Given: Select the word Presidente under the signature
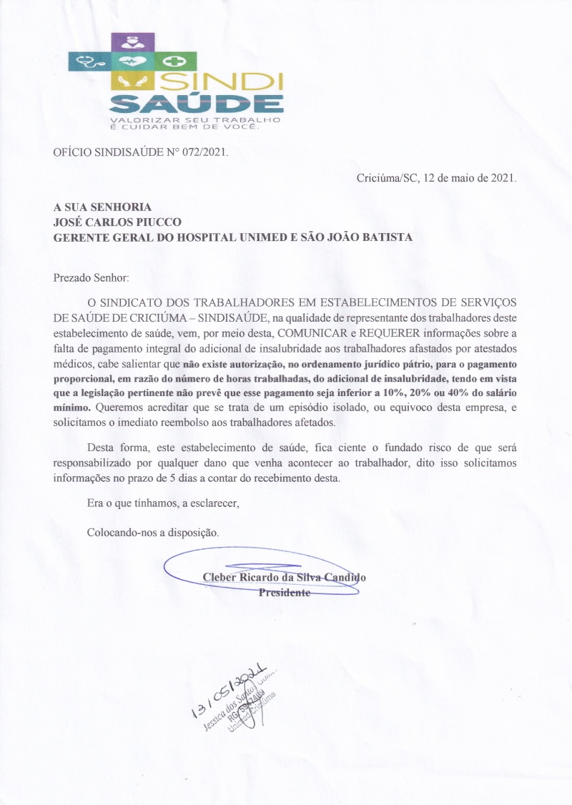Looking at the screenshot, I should pos(284,593).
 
